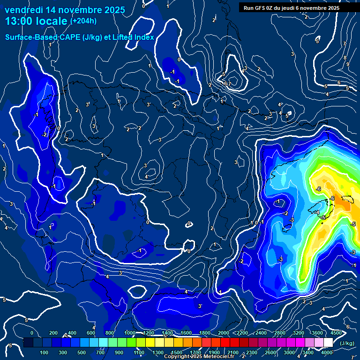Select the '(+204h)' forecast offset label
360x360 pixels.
click(83, 21)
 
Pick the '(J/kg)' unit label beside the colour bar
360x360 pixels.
click(346, 343)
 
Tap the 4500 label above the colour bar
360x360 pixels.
click(336, 333)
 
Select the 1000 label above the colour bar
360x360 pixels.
click(130, 333)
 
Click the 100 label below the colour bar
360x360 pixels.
click(44, 352)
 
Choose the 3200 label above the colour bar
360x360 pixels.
click(298, 333)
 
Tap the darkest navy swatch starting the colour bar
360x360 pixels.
click(28, 343)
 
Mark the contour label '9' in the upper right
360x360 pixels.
click(348, 64)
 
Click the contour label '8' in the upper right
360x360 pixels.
click(345, 58)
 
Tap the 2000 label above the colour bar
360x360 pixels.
click(223, 333)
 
